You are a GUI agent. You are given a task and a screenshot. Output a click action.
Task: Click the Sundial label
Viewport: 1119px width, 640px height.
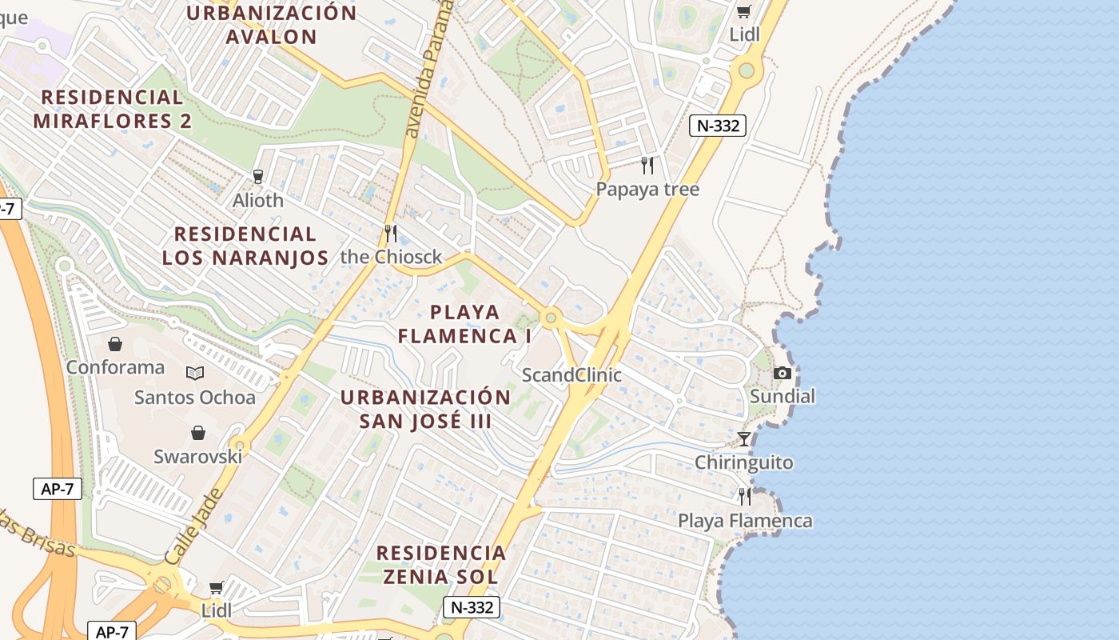[782, 396]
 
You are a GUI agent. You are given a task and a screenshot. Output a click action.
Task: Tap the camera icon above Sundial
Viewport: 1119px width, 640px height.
[782, 374]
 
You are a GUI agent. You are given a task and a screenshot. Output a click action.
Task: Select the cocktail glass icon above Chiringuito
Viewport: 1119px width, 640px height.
[744, 439]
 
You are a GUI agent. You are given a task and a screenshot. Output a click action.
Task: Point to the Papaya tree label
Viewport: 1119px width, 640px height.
[647, 190]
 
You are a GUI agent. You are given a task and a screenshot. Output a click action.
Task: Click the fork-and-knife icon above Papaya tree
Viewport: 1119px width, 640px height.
[647, 166]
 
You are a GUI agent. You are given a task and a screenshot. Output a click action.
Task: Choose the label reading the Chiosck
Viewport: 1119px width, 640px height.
[391, 257]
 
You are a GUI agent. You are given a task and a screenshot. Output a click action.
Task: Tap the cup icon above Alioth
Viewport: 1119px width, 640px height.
[257, 177]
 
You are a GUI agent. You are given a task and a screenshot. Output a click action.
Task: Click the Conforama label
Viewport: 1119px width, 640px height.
[115, 367]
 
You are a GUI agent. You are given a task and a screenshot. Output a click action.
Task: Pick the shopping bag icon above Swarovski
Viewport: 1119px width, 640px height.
[198, 433]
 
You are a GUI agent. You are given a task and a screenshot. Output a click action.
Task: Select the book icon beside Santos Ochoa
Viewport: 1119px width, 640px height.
[195, 373]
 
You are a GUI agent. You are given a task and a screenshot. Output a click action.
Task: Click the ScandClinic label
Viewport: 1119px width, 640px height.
[571, 375]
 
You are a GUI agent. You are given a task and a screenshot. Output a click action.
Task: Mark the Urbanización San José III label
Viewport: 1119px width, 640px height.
[425, 409]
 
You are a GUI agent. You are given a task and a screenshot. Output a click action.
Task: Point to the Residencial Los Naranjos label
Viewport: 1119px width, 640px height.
[245, 246]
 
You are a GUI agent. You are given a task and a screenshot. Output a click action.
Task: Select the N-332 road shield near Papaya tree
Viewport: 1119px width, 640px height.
[717, 126]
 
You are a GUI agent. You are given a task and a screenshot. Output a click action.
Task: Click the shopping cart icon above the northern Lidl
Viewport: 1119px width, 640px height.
[744, 11]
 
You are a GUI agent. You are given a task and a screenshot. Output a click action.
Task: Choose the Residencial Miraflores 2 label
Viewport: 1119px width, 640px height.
[113, 109]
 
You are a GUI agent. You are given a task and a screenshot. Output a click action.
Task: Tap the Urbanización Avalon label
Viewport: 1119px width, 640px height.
[272, 25]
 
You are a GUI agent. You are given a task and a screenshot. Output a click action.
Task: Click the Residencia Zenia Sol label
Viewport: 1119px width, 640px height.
[441, 564]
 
